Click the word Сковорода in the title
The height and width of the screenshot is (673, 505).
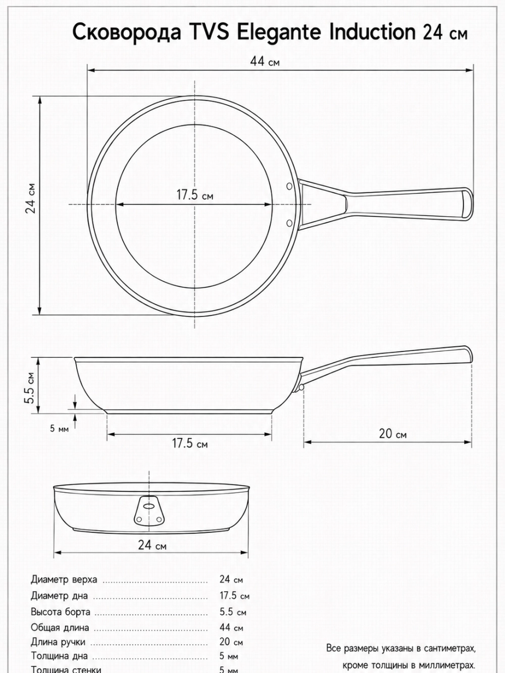127,32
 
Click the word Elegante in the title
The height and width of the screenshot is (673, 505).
279,32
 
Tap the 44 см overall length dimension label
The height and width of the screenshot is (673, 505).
265,61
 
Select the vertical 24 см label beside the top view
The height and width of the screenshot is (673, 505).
31,198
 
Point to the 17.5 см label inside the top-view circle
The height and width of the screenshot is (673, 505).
195,195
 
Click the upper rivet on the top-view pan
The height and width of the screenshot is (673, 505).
289,186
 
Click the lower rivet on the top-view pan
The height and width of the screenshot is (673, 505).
289,223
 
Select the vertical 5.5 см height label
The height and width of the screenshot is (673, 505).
30,388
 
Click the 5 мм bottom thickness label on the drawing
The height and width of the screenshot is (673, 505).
59,428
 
